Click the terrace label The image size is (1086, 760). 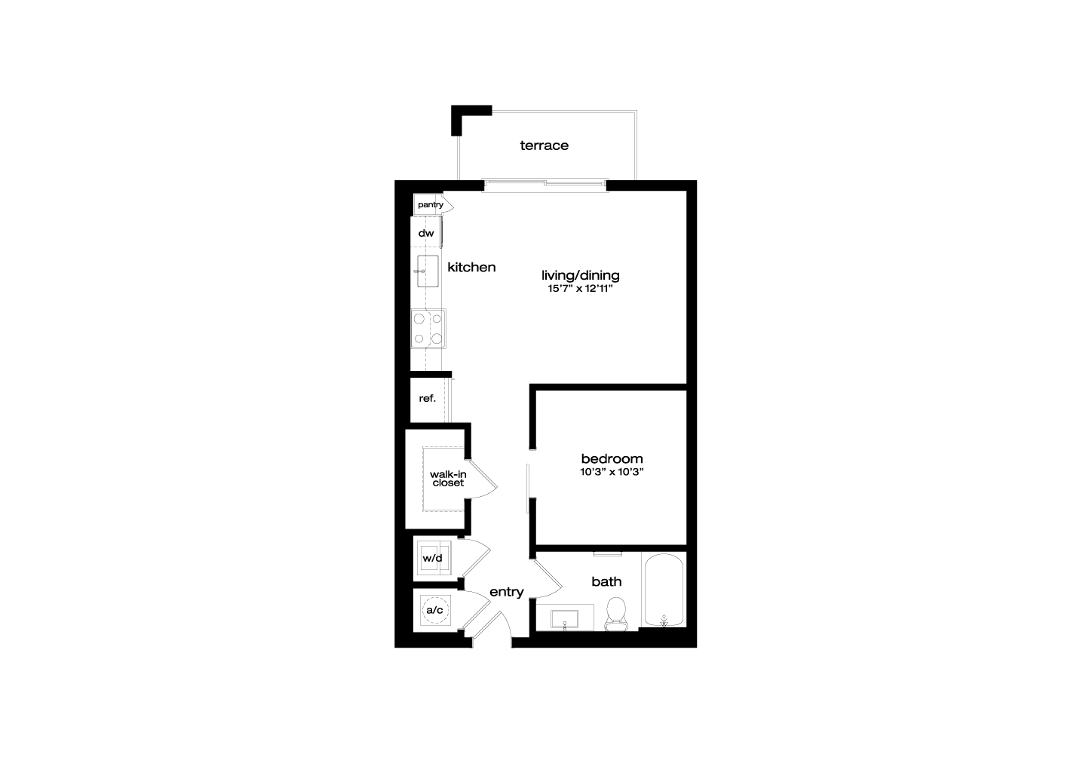pyautogui.click(x=544, y=146)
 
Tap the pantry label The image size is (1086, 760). pyautogui.click(x=431, y=205)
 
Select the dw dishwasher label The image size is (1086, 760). pyautogui.click(x=426, y=234)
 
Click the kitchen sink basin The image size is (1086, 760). pyautogui.click(x=428, y=271)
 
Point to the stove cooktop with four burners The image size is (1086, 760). pyautogui.click(x=428, y=329)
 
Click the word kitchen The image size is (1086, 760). pyautogui.click(x=471, y=267)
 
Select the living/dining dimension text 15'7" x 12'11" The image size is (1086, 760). pyautogui.click(x=581, y=289)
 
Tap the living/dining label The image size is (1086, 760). pyautogui.click(x=581, y=276)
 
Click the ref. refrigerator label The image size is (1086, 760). pyautogui.click(x=427, y=398)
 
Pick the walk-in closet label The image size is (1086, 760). pyautogui.click(x=448, y=478)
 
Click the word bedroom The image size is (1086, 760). pyautogui.click(x=612, y=458)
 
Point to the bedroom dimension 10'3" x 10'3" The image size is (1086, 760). pyautogui.click(x=612, y=472)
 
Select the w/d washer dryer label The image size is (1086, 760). pyautogui.click(x=432, y=559)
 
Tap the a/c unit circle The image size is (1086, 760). pyautogui.click(x=434, y=610)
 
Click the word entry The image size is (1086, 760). pyautogui.click(x=507, y=593)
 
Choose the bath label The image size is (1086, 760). pyautogui.click(x=606, y=581)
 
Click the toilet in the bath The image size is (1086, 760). pyautogui.click(x=616, y=614)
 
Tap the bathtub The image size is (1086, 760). pyautogui.click(x=663, y=590)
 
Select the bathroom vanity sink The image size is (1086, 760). pyautogui.click(x=564, y=620)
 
